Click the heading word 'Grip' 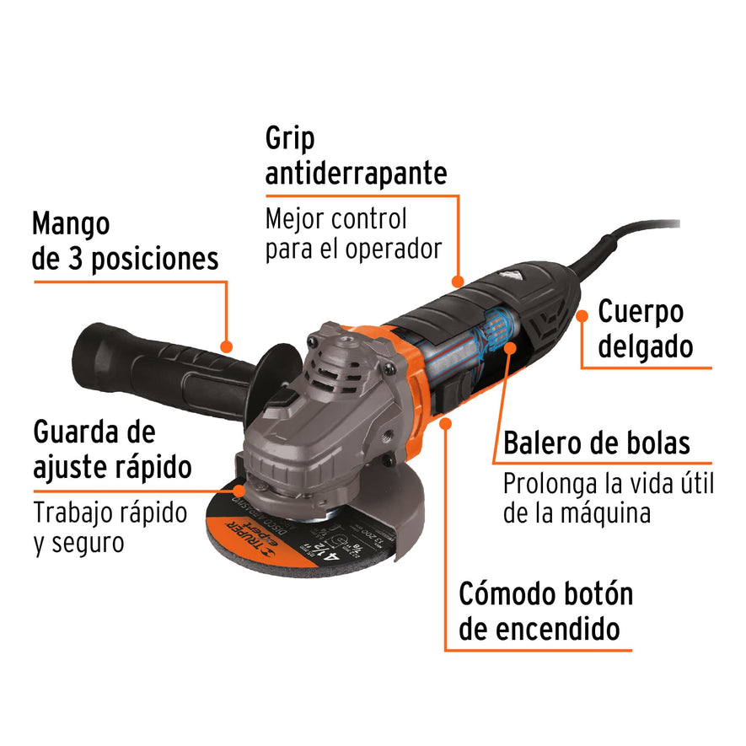(x=291, y=138)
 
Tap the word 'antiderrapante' (x=356, y=174)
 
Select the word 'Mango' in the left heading (x=72, y=224)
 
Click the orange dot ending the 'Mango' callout (x=226, y=346)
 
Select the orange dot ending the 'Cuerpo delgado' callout (x=582, y=316)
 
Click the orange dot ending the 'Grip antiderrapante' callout (x=458, y=281)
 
